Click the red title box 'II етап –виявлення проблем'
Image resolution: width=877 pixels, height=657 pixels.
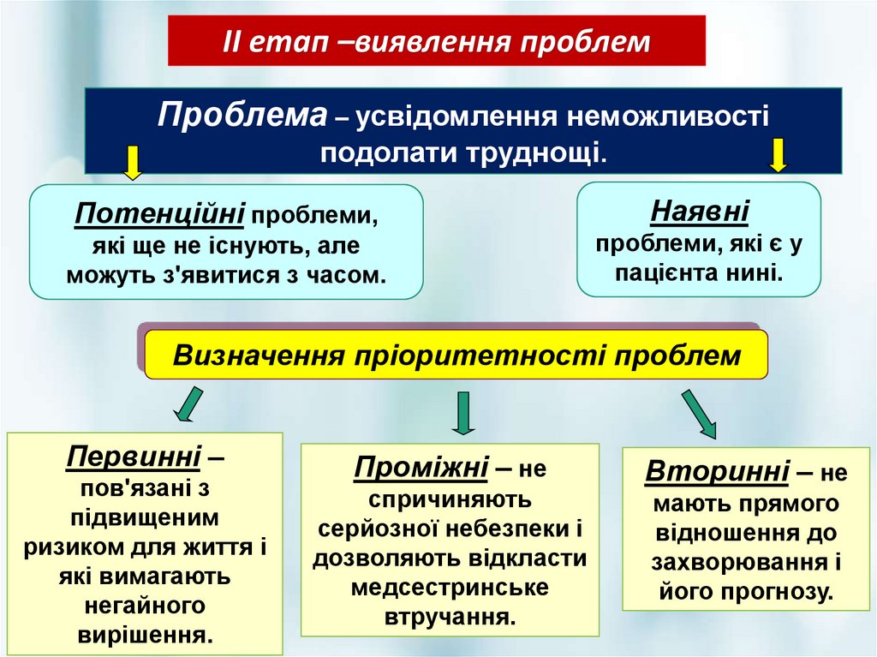(437, 41)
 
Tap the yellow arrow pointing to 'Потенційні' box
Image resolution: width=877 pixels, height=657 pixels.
(132, 163)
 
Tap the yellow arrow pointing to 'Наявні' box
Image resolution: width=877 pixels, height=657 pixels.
(778, 156)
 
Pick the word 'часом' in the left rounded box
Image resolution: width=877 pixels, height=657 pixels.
(350, 276)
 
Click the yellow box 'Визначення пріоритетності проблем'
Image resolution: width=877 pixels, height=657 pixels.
(456, 355)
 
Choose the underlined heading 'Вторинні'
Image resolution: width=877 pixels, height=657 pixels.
(718, 471)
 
